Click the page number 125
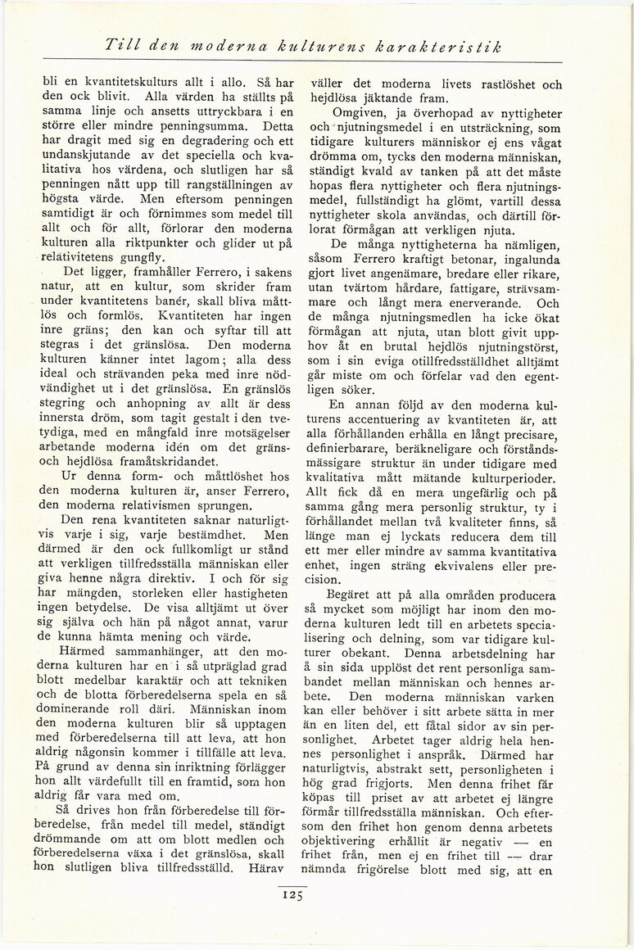[292, 894]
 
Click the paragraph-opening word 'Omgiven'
[356, 112]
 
